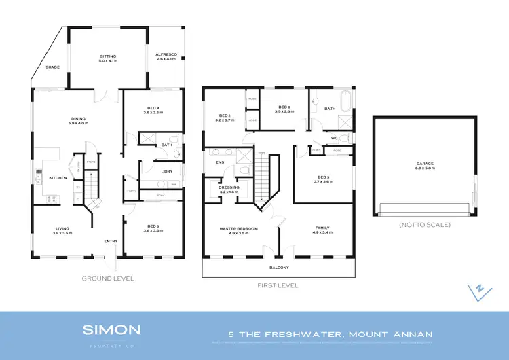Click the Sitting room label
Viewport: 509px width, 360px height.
[109, 58]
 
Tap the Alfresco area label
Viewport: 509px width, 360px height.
[166, 58]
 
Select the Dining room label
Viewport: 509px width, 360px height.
[79, 121]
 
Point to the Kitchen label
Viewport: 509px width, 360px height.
[58, 178]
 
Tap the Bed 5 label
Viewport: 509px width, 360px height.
[153, 229]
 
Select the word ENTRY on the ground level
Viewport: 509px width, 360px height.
[111, 241]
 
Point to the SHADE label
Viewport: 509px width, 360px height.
[52, 67]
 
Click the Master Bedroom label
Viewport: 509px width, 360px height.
[238, 231]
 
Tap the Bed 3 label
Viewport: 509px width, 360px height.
[322, 179]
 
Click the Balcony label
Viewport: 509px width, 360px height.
[279, 268]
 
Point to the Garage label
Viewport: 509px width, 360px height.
[425, 165]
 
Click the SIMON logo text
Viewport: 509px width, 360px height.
[111, 330]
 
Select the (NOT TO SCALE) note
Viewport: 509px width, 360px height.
[425, 224]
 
